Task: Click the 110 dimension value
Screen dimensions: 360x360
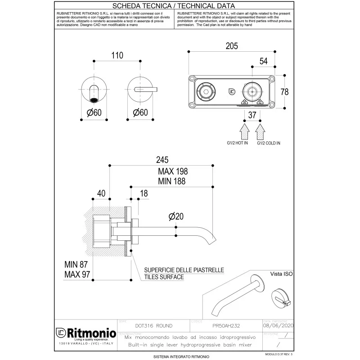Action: tap(117, 55)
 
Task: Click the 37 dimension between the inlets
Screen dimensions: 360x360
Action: tap(252, 116)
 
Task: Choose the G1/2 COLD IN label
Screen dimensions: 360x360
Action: tap(269, 143)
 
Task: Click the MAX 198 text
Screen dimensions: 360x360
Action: tap(172, 171)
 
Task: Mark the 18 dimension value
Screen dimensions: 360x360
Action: tap(144, 193)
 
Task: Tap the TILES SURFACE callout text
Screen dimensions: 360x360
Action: tap(164, 277)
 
